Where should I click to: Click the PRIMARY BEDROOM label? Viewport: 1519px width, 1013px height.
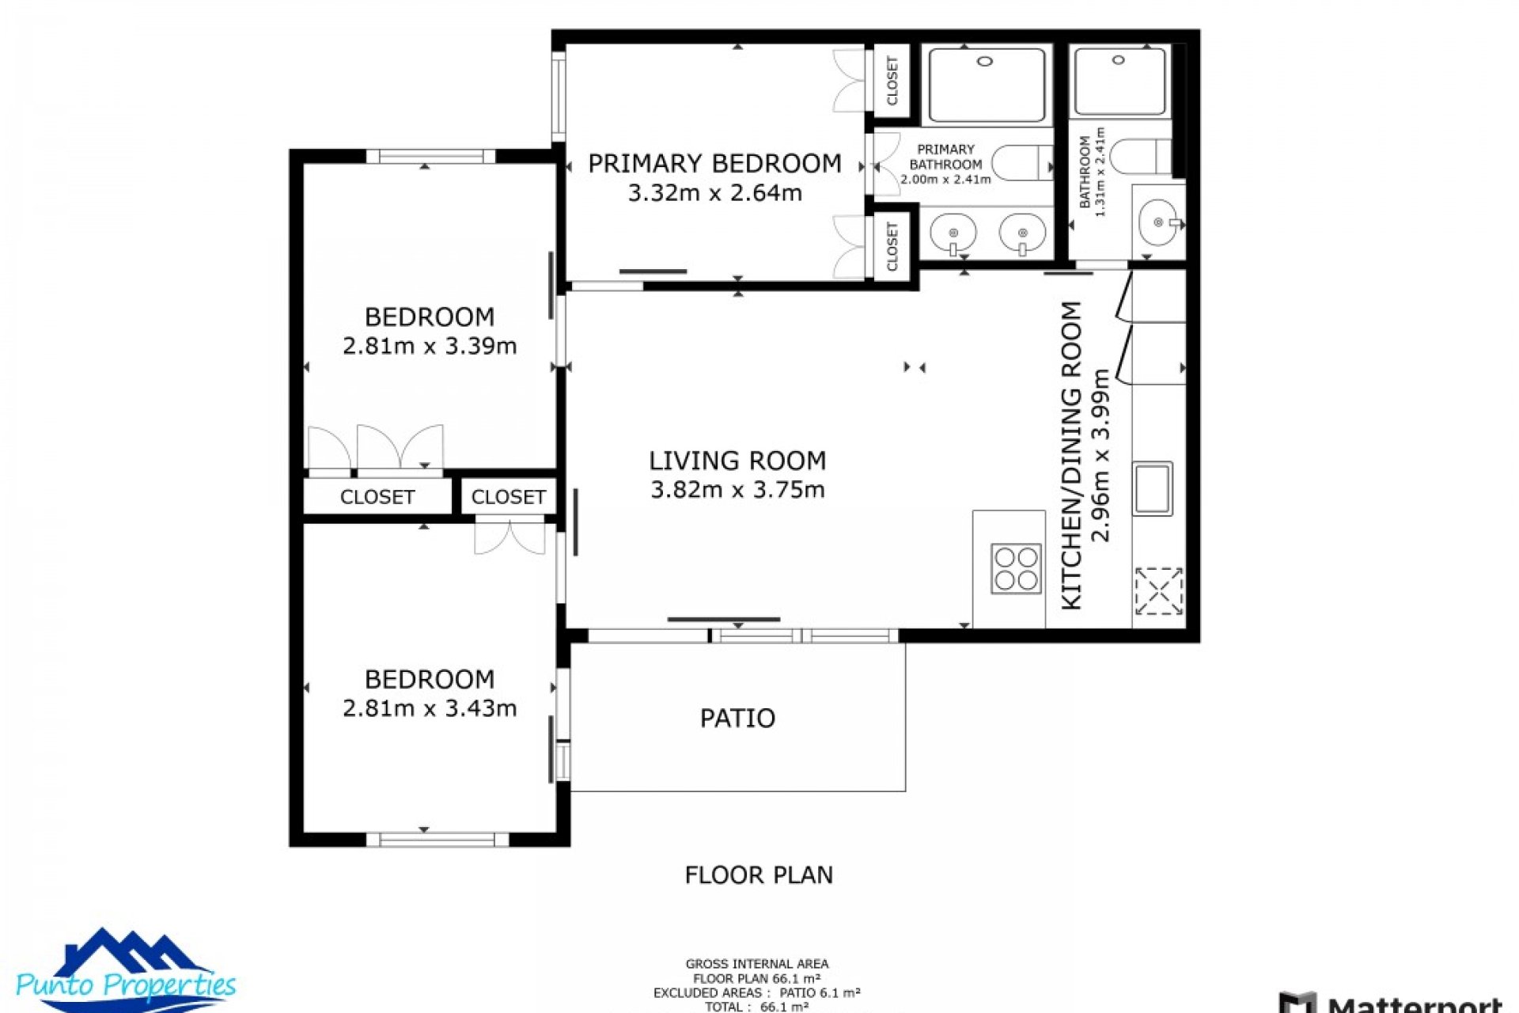tap(714, 164)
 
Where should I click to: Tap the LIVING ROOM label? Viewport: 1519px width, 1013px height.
tap(737, 461)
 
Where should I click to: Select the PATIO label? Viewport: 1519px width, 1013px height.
tap(737, 719)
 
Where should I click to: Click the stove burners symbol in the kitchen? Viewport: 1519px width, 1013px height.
tap(1017, 568)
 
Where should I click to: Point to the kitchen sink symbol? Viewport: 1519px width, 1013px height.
tap(1152, 488)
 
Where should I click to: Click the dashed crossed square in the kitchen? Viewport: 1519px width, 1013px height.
tap(1158, 590)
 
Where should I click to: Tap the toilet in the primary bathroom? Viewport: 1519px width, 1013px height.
tap(1021, 162)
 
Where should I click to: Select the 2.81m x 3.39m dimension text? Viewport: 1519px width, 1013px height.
tap(430, 346)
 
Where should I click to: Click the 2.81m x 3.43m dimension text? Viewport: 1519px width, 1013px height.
tap(430, 708)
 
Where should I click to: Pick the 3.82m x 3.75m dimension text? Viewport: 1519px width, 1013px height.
tap(737, 490)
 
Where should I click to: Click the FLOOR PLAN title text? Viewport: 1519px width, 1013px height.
tap(758, 875)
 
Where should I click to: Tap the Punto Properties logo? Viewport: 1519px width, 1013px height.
tap(125, 972)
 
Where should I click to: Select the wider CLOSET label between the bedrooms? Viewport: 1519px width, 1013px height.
tap(377, 497)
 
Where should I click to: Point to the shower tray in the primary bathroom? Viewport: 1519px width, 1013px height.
tap(986, 85)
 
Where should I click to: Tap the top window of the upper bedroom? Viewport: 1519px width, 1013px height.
tap(431, 157)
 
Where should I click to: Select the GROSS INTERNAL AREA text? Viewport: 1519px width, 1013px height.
tap(757, 964)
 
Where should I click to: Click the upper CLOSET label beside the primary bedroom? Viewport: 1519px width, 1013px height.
tap(892, 80)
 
